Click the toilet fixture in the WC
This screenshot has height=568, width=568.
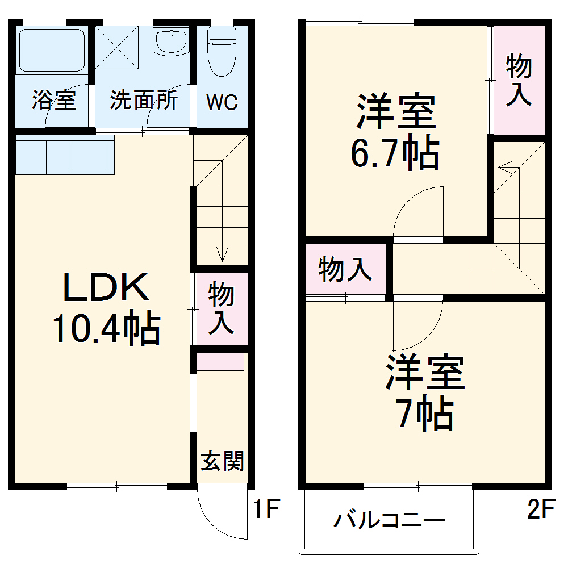pos(222,51)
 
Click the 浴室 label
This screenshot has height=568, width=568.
pos(54,101)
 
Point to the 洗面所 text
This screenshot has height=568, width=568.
pos(144,101)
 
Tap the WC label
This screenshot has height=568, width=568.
pos(222,103)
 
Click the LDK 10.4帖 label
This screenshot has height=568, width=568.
pos(106,310)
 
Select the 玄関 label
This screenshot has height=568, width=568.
pos(222,461)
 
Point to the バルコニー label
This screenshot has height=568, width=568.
pos(389,520)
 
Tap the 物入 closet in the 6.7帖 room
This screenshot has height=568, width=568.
pos(519,80)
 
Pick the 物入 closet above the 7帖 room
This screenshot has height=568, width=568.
pos(345,269)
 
